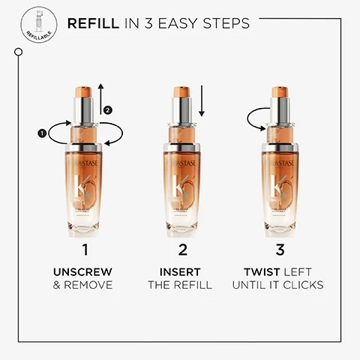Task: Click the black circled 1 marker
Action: click(x=42, y=134)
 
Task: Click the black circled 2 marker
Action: click(x=108, y=109)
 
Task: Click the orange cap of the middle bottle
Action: click(x=180, y=94)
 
